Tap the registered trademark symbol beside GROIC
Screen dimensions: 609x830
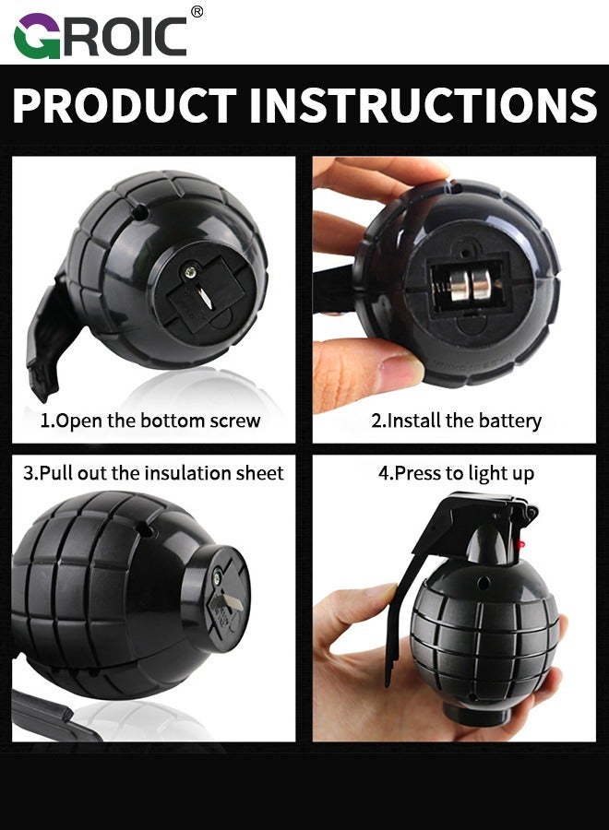pyautogui.click(x=197, y=12)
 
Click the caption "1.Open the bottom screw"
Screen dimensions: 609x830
pyautogui.click(x=150, y=421)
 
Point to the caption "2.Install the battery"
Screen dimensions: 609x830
pyautogui.click(x=456, y=421)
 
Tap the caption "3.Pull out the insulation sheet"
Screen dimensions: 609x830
pyautogui.click(x=153, y=473)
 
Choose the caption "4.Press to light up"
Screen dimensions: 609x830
pyautogui.click(x=456, y=473)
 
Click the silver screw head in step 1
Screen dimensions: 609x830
pyautogui.click(x=189, y=273)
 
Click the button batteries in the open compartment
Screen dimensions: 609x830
pyautogui.click(x=471, y=285)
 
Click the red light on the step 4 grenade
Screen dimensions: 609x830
pyautogui.click(x=521, y=544)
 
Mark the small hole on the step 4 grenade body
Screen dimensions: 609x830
pyautogui.click(x=484, y=585)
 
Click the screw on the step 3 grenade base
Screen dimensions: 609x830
pyautogui.click(x=218, y=577)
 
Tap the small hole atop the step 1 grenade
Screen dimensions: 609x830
pyautogui.click(x=139, y=213)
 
